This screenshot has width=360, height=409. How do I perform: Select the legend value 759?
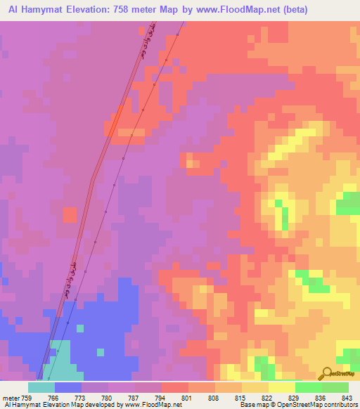click(20, 398)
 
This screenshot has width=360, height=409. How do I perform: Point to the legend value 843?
click(347, 398)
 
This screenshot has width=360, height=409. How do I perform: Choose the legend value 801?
click(187, 398)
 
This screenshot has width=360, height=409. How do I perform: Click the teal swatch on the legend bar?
click(41, 387)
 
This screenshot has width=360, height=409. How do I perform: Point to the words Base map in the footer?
click(252, 405)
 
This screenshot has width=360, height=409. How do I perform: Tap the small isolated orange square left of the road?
click(70, 214)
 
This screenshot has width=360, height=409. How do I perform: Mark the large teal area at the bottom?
click(56, 362)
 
